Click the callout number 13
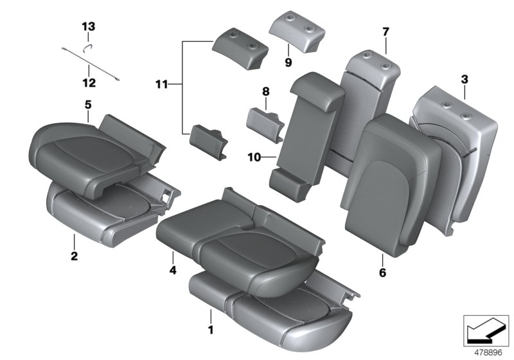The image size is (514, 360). click(x=88, y=26)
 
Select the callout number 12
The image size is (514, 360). click(x=88, y=83)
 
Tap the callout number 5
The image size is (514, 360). click(x=88, y=104)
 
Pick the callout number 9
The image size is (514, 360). click(x=288, y=62)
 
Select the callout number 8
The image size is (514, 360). click(x=266, y=92)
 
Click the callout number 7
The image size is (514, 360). click(x=385, y=32)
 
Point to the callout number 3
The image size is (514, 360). click(x=464, y=80)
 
